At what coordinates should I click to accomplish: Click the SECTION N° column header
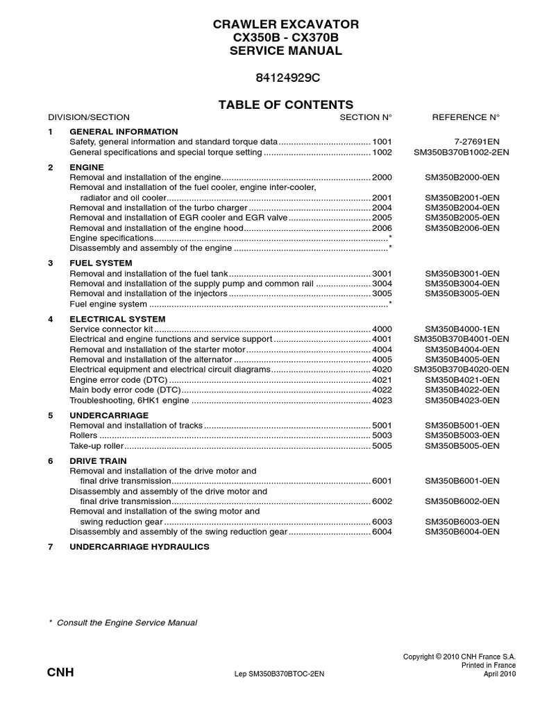click(366, 117)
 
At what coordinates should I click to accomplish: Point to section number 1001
click(382, 141)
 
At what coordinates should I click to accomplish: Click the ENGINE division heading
click(87, 167)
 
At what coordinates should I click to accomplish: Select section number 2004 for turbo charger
click(382, 207)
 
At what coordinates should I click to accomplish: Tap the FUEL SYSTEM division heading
click(101, 263)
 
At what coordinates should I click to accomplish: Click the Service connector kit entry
click(111, 329)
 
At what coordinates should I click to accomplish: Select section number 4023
click(382, 400)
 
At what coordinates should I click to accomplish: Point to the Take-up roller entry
click(96, 446)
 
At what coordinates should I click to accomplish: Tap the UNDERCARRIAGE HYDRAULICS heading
click(139, 546)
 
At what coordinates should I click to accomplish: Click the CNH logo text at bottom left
click(60, 673)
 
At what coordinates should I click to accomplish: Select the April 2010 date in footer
click(499, 673)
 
